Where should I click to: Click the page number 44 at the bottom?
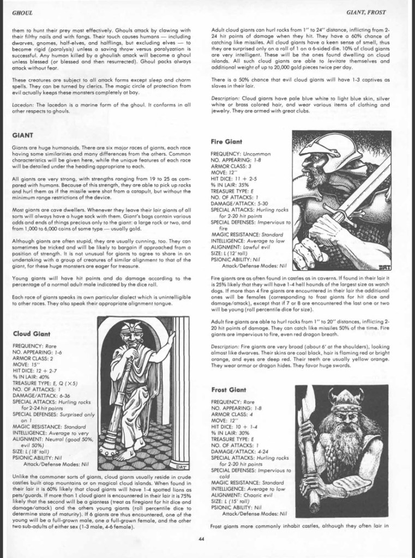[202, 539]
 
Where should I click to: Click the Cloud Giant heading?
[32, 333]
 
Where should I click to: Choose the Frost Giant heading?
[229, 375]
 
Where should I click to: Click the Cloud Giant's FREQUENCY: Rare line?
[35, 346]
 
